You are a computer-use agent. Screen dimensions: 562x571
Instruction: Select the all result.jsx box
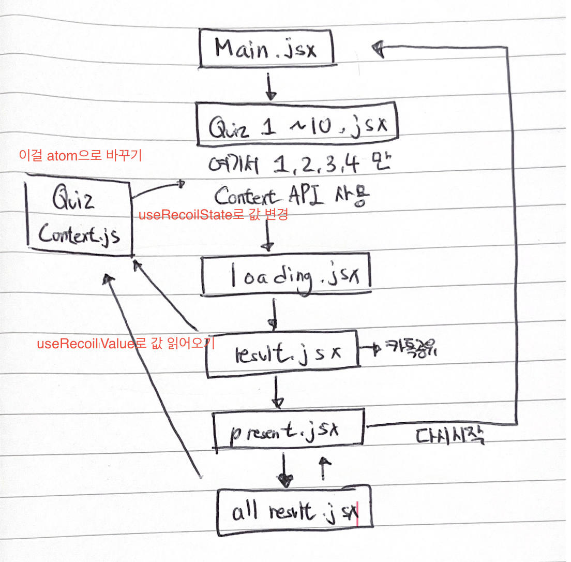pos(294,512)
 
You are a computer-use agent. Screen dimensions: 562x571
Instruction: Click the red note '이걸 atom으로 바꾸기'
pos(80,156)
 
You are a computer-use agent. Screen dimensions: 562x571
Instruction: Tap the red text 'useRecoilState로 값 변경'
pos(213,215)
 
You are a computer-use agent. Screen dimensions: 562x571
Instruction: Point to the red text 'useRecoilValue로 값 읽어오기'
pos(126,343)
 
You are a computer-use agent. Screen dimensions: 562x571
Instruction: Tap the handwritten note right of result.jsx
pos(409,351)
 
